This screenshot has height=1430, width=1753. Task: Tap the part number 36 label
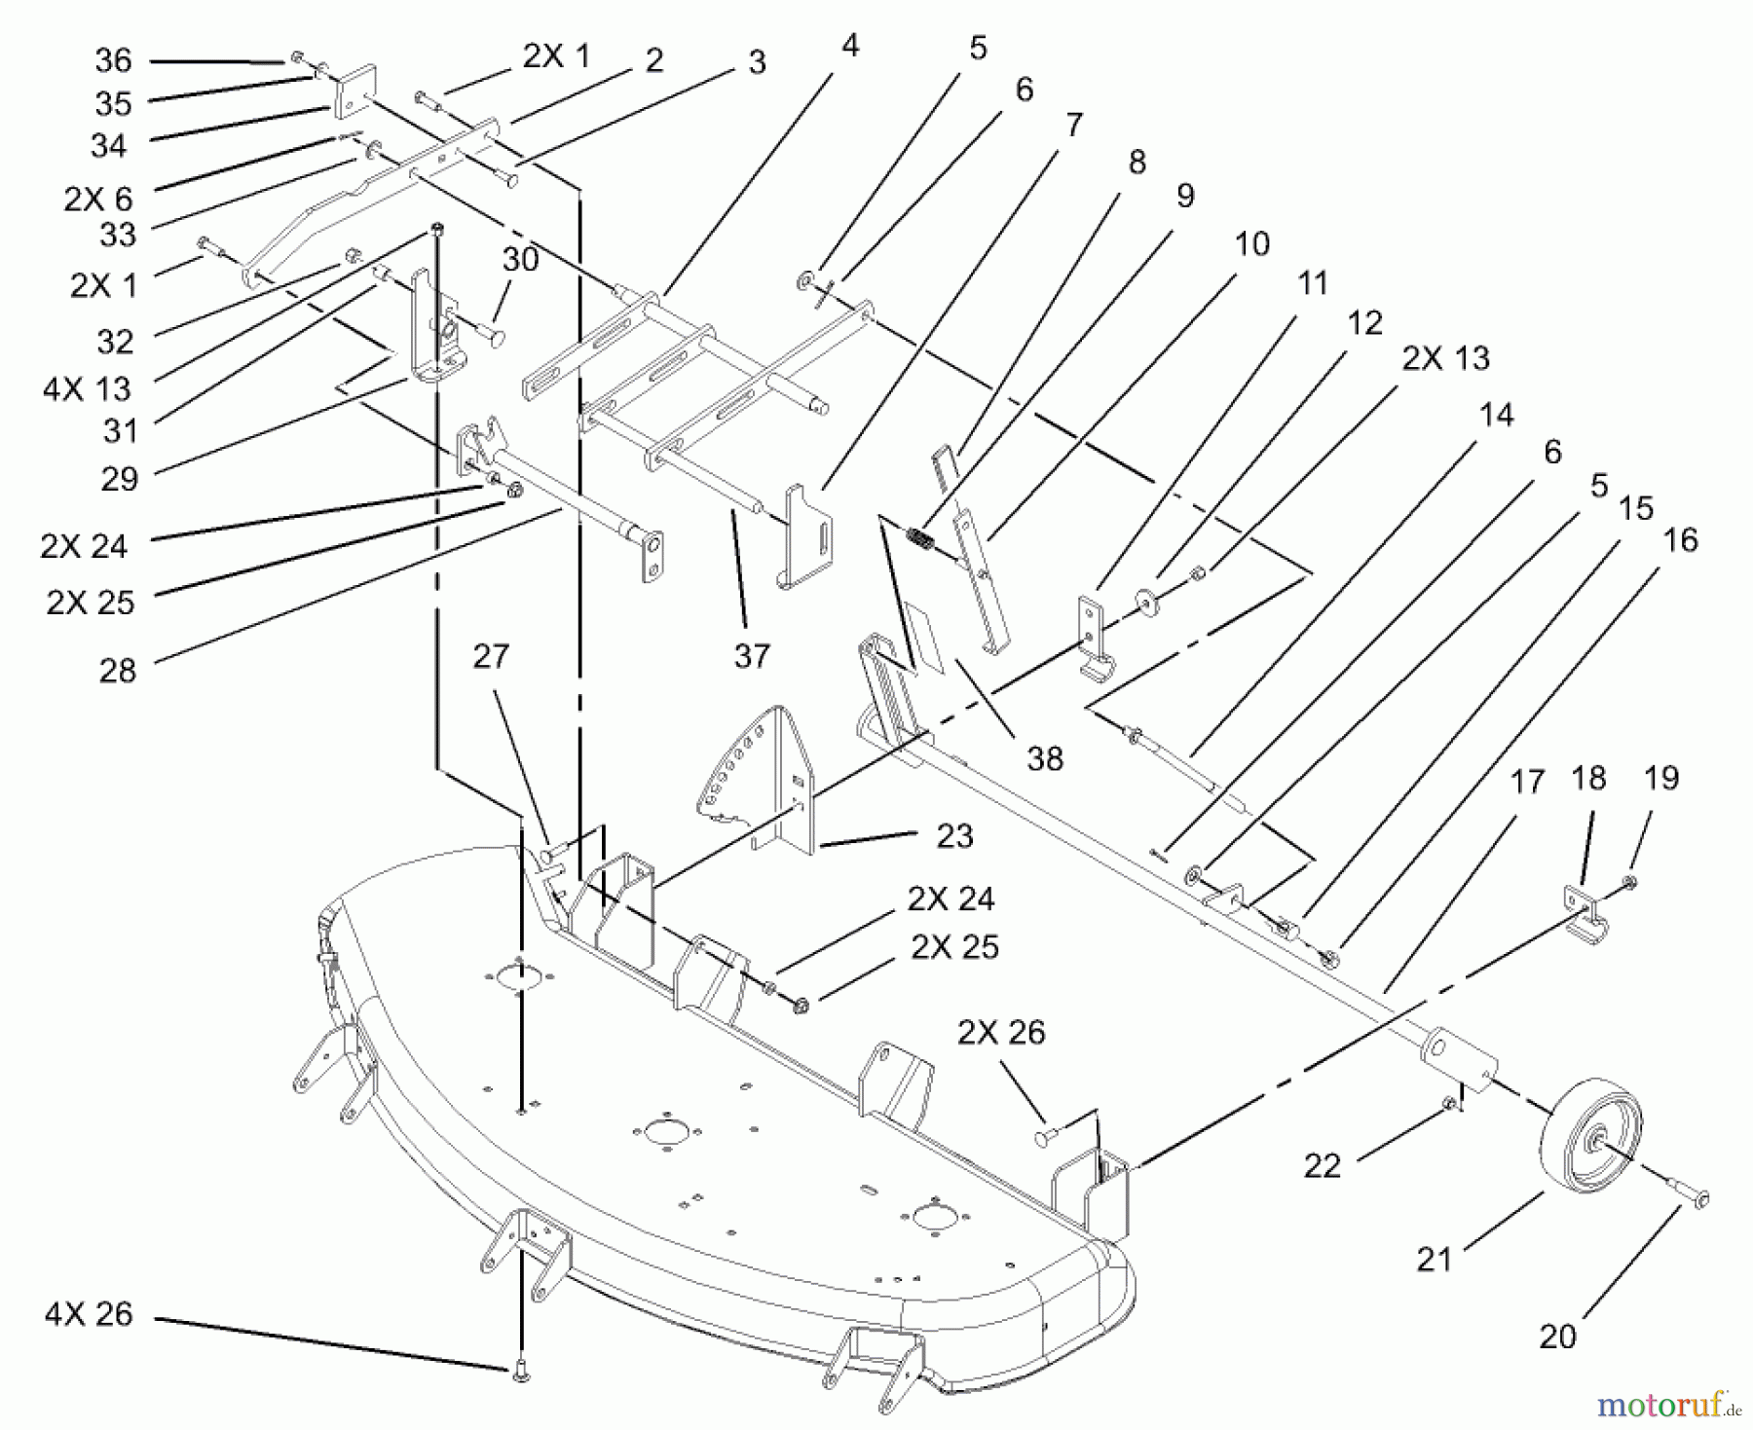click(113, 60)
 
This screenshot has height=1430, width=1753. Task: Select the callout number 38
click(1045, 758)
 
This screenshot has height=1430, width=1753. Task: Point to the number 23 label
click(954, 835)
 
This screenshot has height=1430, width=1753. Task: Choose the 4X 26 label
click(88, 1314)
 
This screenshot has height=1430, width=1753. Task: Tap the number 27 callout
click(491, 656)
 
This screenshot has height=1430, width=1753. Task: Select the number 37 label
click(752, 655)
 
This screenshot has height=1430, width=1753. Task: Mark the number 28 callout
click(118, 670)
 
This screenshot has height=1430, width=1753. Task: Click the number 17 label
click(1527, 781)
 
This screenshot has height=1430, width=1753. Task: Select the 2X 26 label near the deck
click(1001, 1032)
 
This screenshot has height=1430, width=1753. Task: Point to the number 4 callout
click(850, 45)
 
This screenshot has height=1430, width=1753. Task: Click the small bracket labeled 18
click(1584, 914)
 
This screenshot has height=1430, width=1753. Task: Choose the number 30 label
click(521, 259)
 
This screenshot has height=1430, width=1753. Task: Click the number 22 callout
click(1322, 1165)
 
